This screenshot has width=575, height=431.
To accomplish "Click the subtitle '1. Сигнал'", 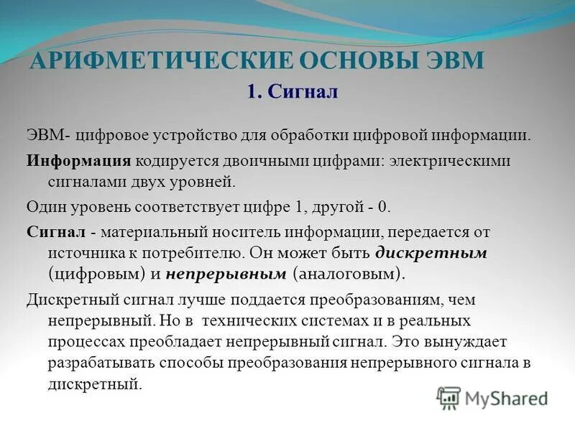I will (x=292, y=92).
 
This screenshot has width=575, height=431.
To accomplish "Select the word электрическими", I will (x=451, y=159).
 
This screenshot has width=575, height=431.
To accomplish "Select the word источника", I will (x=87, y=253).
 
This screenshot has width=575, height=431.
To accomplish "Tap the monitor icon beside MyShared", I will (x=448, y=397).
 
